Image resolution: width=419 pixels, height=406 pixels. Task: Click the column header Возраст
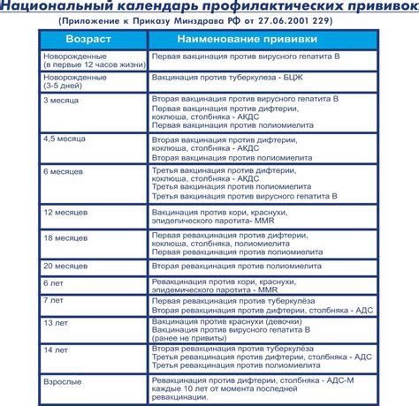pyautogui.click(x=90, y=41)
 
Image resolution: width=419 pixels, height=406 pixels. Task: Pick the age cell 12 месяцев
pyautogui.click(x=65, y=213)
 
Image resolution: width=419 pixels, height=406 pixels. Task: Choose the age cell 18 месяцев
pyautogui.click(x=65, y=238)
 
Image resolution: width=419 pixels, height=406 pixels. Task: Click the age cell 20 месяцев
pyautogui.click(x=65, y=265)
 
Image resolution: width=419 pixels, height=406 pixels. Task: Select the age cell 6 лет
pyautogui.click(x=55, y=282)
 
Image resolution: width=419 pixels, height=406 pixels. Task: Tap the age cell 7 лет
pyautogui.click(x=55, y=301)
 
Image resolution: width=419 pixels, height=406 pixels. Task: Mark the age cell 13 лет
pyautogui.click(x=57, y=324)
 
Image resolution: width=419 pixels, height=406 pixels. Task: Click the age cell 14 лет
pyautogui.click(x=57, y=350)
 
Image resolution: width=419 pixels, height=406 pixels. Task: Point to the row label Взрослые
pyautogui.click(x=63, y=381)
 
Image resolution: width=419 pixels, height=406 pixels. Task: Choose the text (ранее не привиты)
pyautogui.click(x=191, y=342)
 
